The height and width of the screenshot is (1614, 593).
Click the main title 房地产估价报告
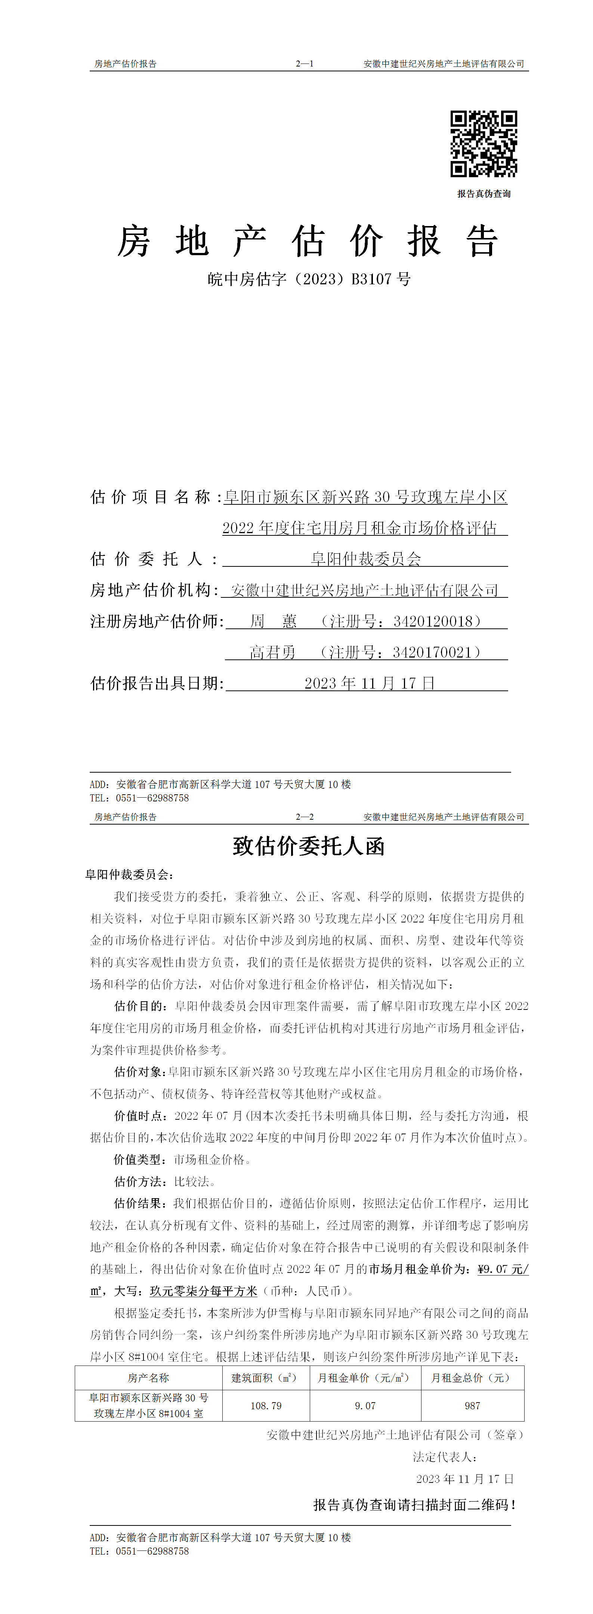[307, 241]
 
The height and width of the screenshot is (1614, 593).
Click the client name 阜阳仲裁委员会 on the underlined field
[366, 559]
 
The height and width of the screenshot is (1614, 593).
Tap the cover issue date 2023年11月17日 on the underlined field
[369, 683]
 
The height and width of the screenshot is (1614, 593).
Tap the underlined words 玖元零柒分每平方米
[204, 1291]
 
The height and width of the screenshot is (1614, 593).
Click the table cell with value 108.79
[266, 1406]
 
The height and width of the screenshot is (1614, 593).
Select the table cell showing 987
[472, 1406]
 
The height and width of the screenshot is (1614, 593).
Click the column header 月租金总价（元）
[472, 1378]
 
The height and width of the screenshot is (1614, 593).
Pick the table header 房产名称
[149, 1378]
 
